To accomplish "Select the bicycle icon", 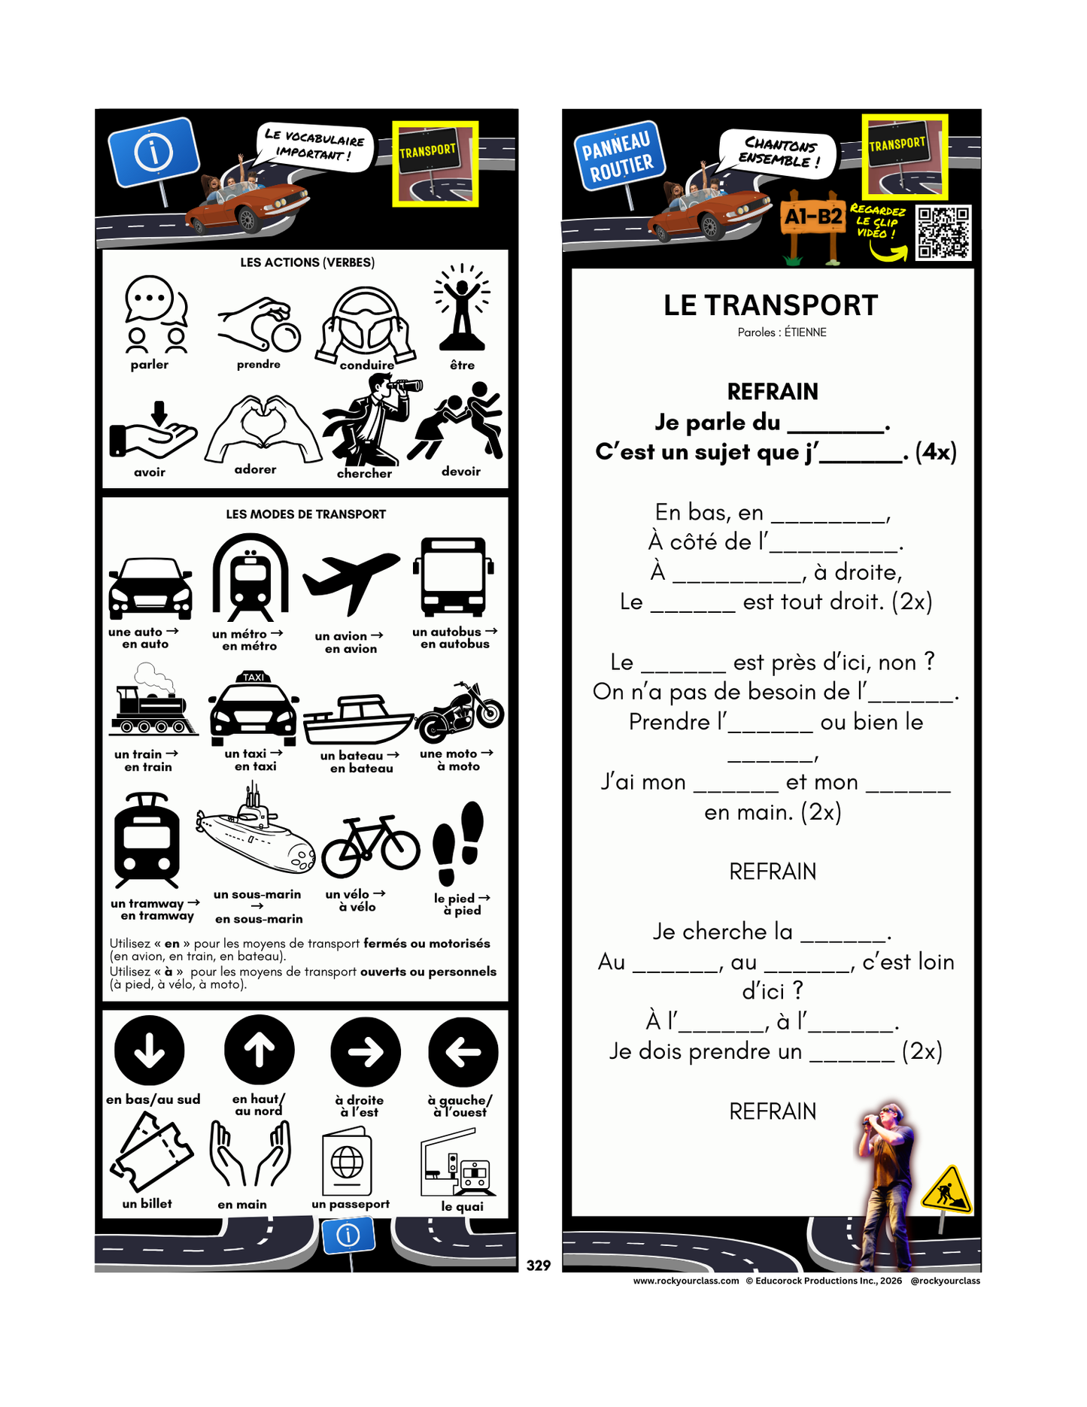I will [x=370, y=847].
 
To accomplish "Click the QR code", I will [x=943, y=232].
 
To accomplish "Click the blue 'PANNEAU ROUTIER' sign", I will [x=617, y=156].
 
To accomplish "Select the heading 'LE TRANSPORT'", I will [x=770, y=305].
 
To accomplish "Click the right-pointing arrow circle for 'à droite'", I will [x=366, y=1052].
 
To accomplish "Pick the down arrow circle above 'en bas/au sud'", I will [x=150, y=1051].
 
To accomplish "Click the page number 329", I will [x=539, y=1266].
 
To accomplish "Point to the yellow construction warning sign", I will [x=947, y=1190].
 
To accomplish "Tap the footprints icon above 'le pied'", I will [x=458, y=843].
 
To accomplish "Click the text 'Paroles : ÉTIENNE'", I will [x=782, y=332].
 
